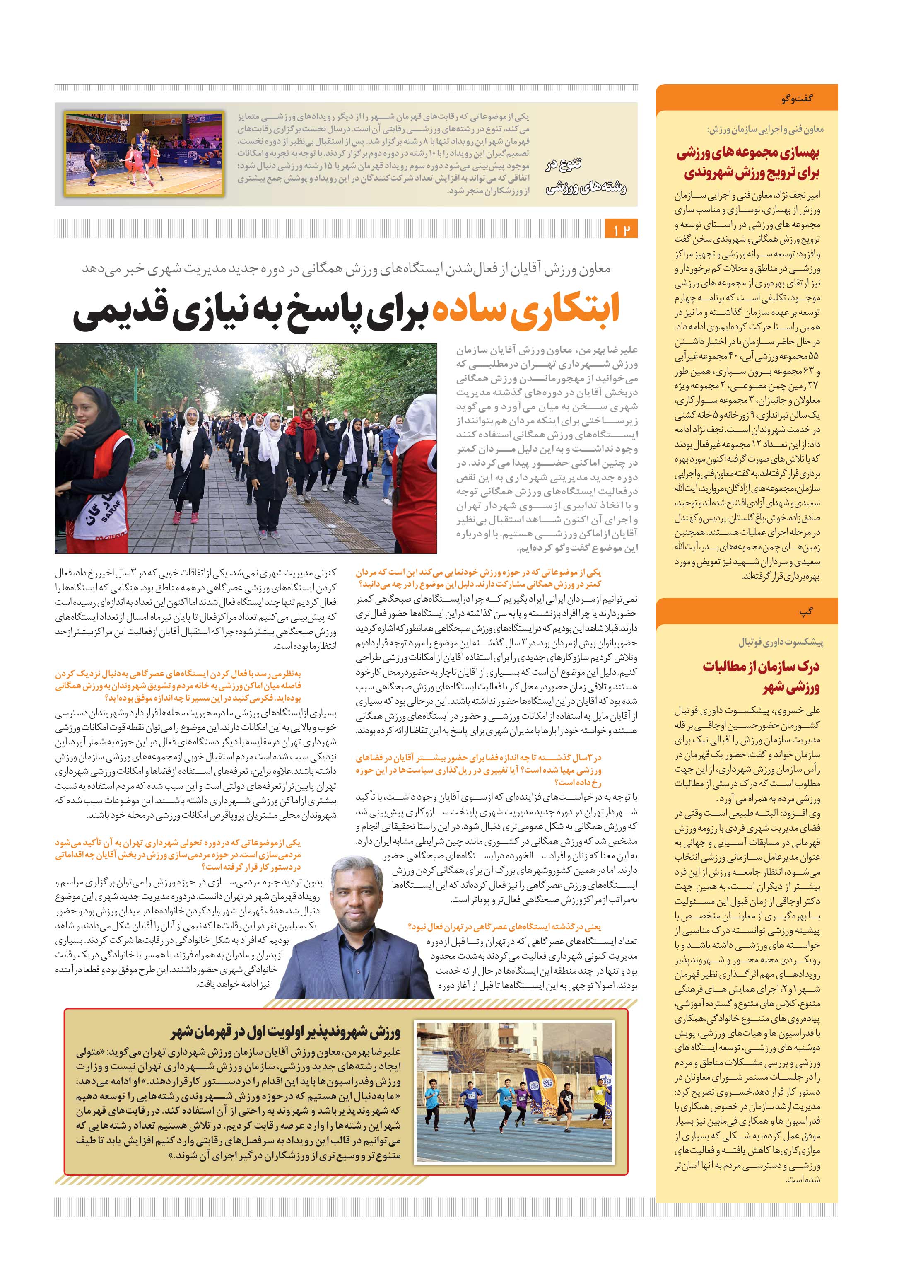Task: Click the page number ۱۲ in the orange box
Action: tap(622, 230)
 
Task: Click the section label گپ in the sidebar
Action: tap(806, 611)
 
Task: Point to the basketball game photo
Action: tap(144, 154)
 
